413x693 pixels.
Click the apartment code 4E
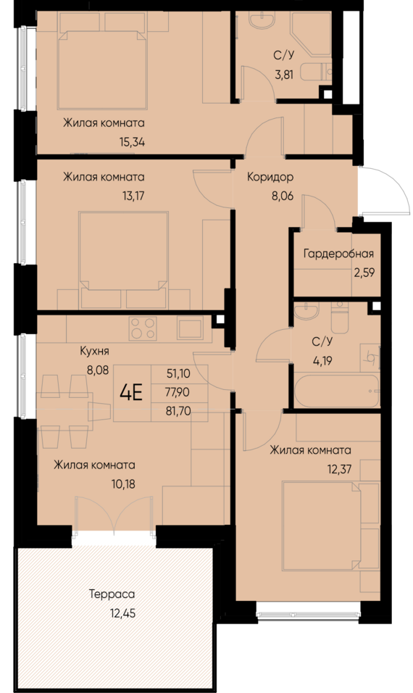coord(132,392)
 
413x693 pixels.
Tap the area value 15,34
coord(132,142)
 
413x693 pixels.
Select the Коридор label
coord(270,177)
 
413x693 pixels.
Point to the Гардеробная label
coord(338,254)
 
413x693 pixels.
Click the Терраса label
coord(112,594)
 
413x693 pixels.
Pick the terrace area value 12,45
coord(122,613)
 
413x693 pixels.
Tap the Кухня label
coord(94,352)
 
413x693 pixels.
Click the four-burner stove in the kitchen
coord(143,329)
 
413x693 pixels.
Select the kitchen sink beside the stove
coord(191,328)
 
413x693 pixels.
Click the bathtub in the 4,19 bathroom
coord(337,390)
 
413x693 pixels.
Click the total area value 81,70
coord(178,412)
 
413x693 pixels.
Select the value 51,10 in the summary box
coord(178,374)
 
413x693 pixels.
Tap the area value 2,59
coord(364,273)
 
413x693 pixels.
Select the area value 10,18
coord(123,484)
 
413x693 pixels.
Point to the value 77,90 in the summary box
coord(178,392)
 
